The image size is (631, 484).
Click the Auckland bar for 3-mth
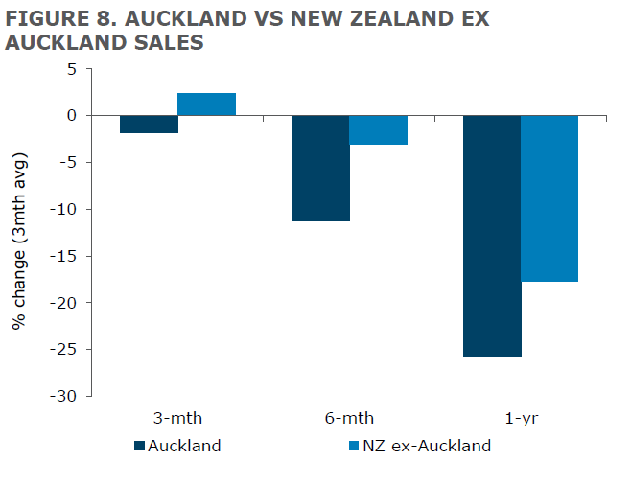point(150,124)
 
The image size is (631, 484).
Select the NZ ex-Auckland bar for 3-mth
point(206,104)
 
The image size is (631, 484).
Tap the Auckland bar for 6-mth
point(320,168)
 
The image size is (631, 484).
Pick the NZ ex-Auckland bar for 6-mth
point(378,129)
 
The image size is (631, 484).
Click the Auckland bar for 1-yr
point(492,236)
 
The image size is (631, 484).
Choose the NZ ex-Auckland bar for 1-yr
point(549,198)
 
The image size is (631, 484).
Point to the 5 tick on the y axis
point(70,69)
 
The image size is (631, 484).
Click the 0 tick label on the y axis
point(70,116)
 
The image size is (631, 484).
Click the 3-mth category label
point(177,418)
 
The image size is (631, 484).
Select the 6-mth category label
point(349,418)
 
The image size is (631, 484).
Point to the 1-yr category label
point(521,418)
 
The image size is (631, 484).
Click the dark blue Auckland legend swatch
point(139,446)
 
